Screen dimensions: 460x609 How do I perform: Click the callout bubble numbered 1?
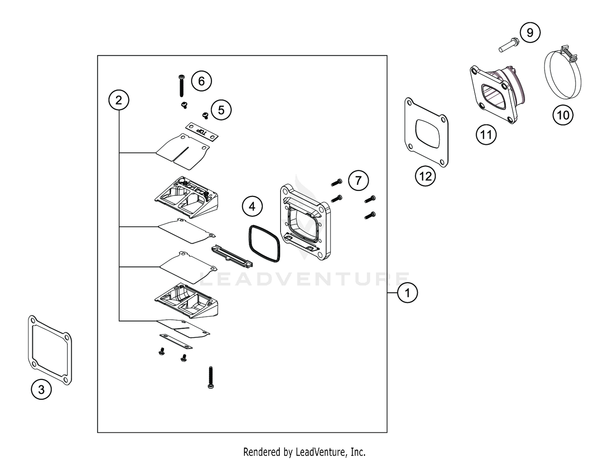point(407,293)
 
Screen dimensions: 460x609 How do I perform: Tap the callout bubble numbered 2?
point(119,100)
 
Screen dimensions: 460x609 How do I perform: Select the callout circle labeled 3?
point(41,390)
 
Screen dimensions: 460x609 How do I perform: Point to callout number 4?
point(252,206)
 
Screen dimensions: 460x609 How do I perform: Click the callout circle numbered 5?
point(221,110)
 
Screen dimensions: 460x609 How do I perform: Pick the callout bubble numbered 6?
point(201,81)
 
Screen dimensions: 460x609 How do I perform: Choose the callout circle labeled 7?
point(358,180)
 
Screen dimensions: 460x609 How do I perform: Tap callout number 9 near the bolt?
point(530,33)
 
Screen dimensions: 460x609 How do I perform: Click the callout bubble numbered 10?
point(563,115)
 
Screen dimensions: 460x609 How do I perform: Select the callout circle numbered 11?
point(486,135)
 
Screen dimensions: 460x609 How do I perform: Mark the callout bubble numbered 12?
point(425,176)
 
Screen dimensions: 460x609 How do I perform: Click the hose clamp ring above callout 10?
point(562,75)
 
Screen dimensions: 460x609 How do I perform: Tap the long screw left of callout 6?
point(181,86)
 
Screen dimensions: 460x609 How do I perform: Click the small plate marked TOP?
point(202,132)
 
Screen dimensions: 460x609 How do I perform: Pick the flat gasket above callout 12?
point(426,132)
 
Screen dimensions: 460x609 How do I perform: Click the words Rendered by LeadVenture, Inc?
point(304,451)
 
